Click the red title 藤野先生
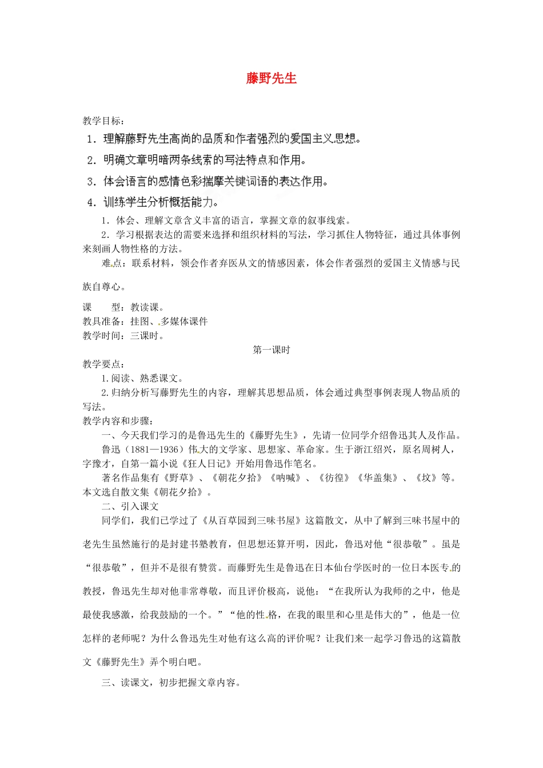[x=271, y=78]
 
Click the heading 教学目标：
[x=103, y=121]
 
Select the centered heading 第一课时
[x=271, y=350]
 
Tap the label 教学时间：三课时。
[x=124, y=335]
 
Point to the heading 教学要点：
[x=103, y=364]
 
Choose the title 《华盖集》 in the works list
[x=377, y=478]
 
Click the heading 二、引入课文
[x=130, y=506]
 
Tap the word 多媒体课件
[x=184, y=321]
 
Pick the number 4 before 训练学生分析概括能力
[x=91, y=202]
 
